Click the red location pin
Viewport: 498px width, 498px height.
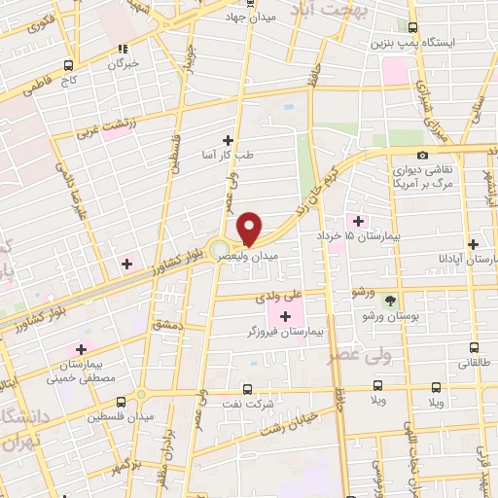tap(249, 228)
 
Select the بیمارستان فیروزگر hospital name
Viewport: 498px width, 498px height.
tap(285, 332)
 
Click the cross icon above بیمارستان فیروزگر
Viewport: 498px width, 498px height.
tap(285, 315)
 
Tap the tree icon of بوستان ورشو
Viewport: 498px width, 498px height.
tap(390, 300)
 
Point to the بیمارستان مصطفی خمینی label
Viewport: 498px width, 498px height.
tap(80, 368)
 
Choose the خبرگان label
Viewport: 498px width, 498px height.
tap(122, 63)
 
